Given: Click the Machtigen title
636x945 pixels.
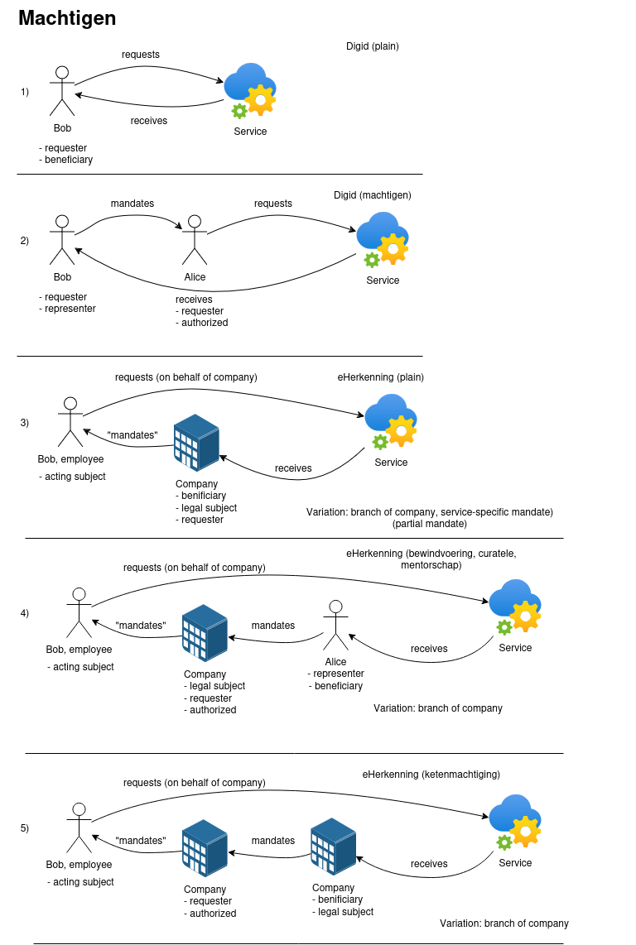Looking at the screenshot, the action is click(67, 18).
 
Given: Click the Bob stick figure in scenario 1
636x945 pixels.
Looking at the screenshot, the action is click(62, 91).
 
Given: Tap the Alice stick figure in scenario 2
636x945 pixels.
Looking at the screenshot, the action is click(195, 240).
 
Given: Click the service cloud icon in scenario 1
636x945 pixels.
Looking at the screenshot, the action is click(250, 90).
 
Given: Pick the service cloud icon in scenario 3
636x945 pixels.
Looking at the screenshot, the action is click(390, 421).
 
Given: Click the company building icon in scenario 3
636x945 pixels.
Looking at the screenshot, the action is click(196, 443).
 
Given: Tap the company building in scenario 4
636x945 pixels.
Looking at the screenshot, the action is click(205, 633).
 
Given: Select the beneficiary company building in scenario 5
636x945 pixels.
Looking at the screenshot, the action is click(333, 847).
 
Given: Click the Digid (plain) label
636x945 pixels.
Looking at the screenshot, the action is click(373, 46).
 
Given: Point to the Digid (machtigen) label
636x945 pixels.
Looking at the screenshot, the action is click(373, 195).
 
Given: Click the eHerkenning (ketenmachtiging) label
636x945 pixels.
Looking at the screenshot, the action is click(431, 775).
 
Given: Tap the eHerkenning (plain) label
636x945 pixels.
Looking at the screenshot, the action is click(380, 377).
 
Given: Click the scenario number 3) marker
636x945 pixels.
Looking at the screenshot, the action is click(25, 423).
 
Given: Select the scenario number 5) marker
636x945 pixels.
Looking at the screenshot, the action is click(25, 828).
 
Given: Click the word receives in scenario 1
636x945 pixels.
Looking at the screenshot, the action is click(149, 121).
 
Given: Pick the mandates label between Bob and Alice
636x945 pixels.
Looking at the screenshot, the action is click(132, 204).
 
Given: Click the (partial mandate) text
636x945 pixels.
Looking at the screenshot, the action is click(430, 524).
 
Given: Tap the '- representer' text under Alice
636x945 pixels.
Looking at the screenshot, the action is click(336, 674).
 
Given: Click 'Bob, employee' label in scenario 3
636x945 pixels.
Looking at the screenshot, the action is click(70, 459).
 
